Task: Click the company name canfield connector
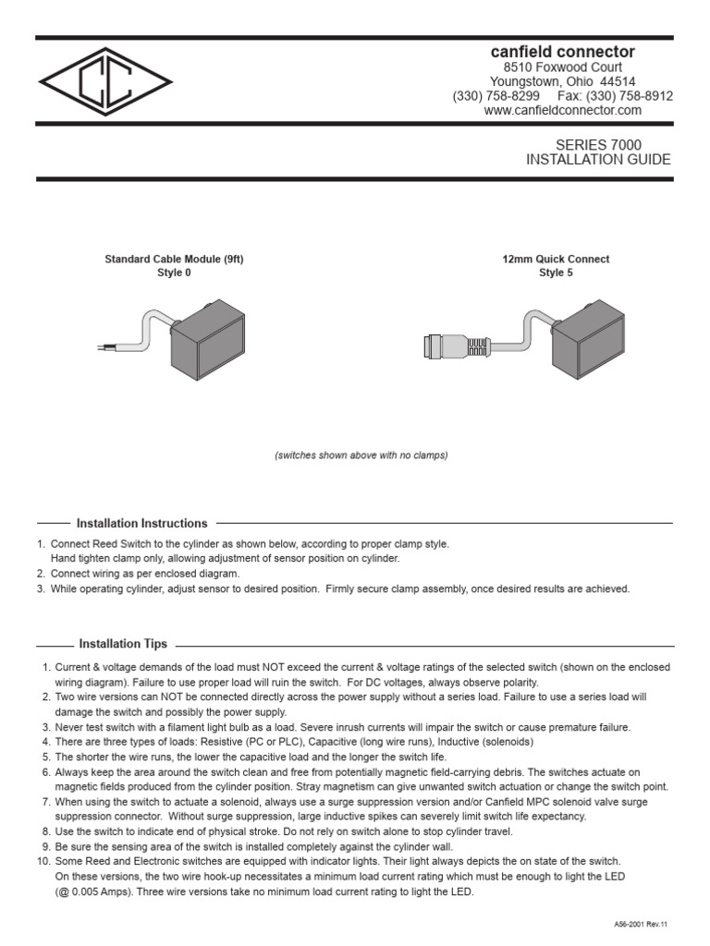[562, 52]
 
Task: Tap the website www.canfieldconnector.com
[562, 110]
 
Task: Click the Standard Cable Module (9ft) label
[174, 260]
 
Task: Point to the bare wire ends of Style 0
[104, 347]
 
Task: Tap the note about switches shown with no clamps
[361, 455]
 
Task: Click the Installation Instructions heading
[141, 524]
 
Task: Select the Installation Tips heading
[123, 644]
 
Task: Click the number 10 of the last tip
[43, 861]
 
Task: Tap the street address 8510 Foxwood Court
[562, 67]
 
